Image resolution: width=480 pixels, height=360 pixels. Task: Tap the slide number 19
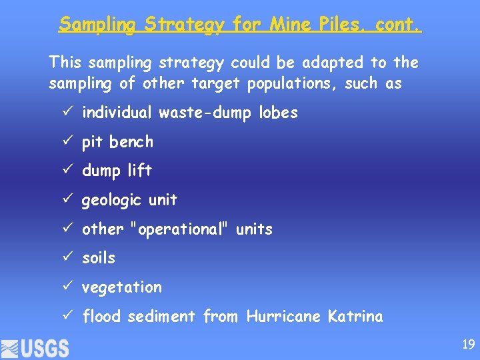tap(468, 345)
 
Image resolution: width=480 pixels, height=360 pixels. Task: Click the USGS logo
tap(35, 348)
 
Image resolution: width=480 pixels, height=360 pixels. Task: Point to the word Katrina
tap(355, 317)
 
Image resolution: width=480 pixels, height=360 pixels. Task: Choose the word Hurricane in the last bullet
tap(284, 317)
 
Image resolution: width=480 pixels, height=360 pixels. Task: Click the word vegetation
tap(122, 287)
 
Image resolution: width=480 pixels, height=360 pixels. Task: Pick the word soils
tap(99, 258)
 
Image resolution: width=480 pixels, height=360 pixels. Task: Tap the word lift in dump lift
tap(140, 171)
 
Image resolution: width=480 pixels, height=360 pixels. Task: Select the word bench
tap(131, 142)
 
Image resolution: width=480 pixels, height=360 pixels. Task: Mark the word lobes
tap(279, 113)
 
